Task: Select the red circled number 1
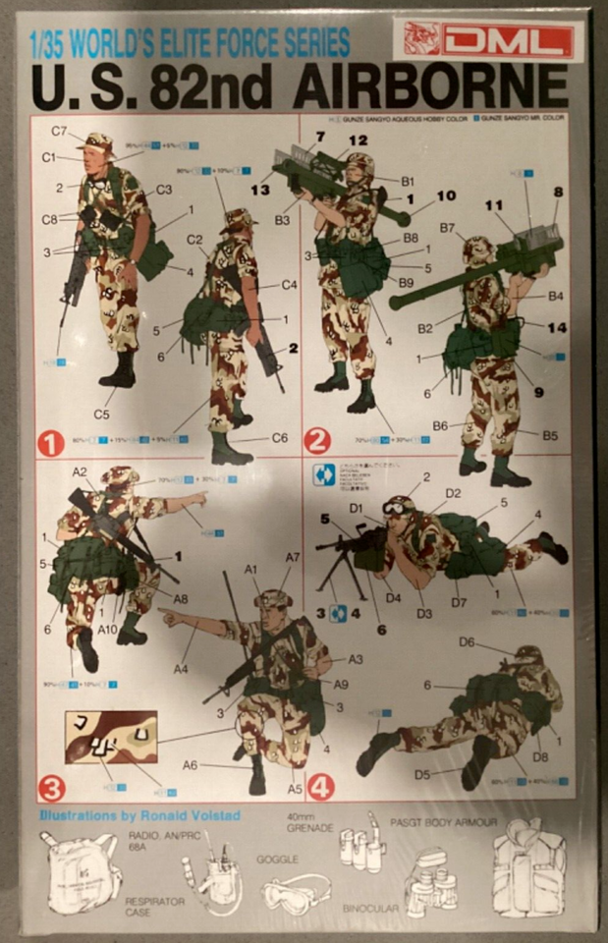tap(52, 443)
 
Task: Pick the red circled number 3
tap(52, 787)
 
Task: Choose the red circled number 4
tap(320, 787)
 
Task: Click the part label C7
tap(59, 131)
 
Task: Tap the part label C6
tap(279, 438)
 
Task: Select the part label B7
tap(447, 229)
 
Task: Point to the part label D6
tap(467, 641)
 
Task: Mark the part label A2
tap(80, 471)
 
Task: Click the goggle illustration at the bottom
tap(296, 895)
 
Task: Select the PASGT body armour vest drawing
tap(530, 873)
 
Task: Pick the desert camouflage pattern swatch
tap(110, 737)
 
